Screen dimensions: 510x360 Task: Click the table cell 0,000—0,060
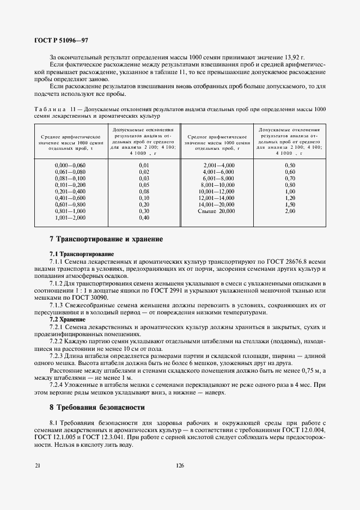pyautogui.click(x=70, y=165)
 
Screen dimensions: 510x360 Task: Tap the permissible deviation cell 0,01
pyautogui.click(x=144, y=165)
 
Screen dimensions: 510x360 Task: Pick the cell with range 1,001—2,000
pyautogui.click(x=70, y=217)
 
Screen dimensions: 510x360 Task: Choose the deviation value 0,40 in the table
pyautogui.click(x=144, y=217)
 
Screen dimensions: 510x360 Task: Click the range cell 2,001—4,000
pyautogui.click(x=218, y=165)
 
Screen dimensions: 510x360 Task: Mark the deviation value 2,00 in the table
pyautogui.click(x=290, y=211)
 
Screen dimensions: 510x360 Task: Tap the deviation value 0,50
pyautogui.click(x=290, y=165)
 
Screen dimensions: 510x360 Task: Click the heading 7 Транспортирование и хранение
pyautogui.click(x=106, y=239)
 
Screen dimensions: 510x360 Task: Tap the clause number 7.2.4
pyautogui.click(x=58, y=385)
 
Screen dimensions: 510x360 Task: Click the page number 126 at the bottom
pyautogui.click(x=180, y=465)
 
